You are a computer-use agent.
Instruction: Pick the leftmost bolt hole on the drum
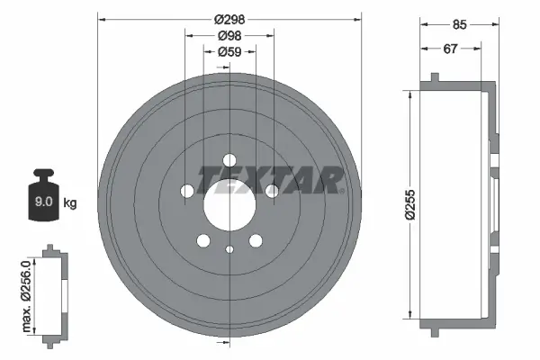click(186, 191)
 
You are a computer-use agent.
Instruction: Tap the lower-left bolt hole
click(202, 240)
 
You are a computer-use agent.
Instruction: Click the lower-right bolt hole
click(256, 240)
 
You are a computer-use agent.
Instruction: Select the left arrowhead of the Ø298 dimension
click(100, 18)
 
